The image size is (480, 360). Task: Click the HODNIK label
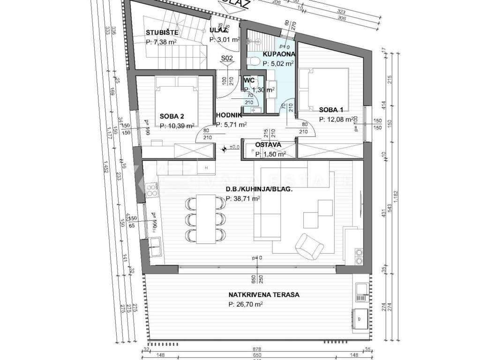click(x=229, y=115)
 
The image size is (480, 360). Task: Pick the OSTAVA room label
click(x=268, y=145)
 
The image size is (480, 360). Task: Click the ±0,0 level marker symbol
click(x=224, y=148)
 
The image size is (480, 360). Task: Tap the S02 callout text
click(x=227, y=59)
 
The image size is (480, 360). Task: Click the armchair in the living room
click(x=309, y=245)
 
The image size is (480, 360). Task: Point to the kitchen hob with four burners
click(x=152, y=190)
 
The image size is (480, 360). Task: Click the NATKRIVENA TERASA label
click(x=263, y=295)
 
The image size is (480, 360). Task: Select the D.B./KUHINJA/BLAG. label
click(x=259, y=189)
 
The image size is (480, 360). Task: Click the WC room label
click(x=248, y=81)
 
